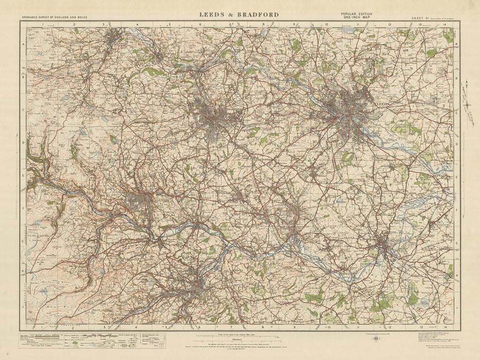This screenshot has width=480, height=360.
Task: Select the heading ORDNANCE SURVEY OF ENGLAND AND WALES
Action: click(54, 18)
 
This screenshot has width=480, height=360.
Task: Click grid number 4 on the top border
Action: click(137, 25)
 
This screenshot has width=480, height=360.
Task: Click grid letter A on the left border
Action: click(23, 45)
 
